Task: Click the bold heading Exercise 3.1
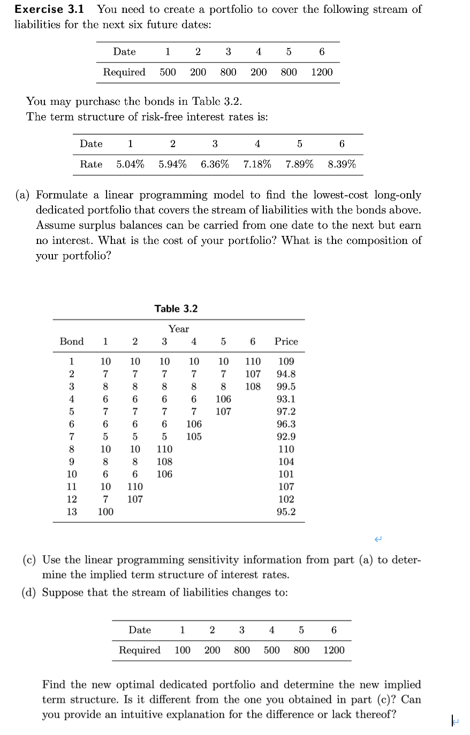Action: coord(52,10)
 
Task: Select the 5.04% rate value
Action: coord(130,164)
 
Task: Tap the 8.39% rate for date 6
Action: coord(342,164)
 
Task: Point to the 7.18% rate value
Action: coord(257,164)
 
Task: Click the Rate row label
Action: coord(91,164)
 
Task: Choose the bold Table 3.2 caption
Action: coord(176,309)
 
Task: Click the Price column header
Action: coord(286,341)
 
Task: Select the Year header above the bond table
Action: coord(178,328)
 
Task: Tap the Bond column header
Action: coord(71,341)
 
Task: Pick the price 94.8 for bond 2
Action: coord(286,374)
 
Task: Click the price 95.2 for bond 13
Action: coord(286,511)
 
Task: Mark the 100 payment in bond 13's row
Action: coord(105,511)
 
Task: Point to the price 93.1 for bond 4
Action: coord(286,399)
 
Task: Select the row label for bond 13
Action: coord(71,511)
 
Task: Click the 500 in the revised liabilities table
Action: coord(271,650)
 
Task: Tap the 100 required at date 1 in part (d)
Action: coord(183,650)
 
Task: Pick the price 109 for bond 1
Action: coord(286,362)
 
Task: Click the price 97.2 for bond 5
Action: coord(286,411)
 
